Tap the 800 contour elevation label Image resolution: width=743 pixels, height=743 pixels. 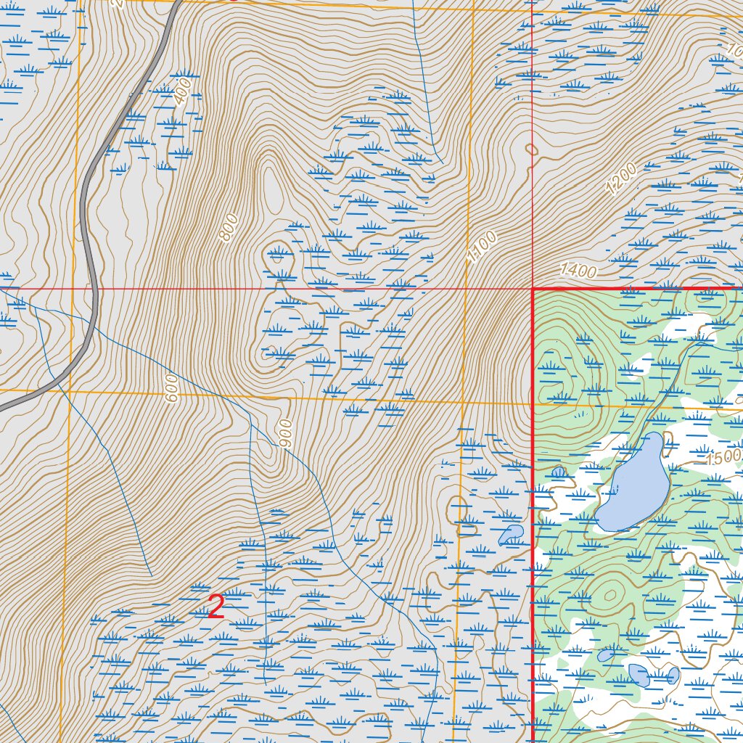point(228,228)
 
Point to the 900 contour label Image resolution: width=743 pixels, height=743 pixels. point(285,432)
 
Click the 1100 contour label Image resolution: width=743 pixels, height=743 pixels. point(482,247)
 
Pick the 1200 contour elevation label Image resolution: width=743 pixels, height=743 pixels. point(621,179)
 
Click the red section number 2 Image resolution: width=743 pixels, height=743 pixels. point(215,607)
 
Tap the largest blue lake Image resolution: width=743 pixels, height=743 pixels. point(633,483)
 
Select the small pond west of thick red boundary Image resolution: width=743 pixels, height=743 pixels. point(511,535)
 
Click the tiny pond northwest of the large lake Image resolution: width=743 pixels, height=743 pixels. point(558,472)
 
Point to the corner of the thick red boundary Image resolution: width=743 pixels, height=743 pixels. point(533,289)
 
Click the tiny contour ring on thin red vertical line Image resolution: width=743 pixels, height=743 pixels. point(533,149)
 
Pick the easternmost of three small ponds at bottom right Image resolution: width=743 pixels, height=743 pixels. point(673,676)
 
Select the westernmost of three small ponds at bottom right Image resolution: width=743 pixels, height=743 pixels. point(606,655)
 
